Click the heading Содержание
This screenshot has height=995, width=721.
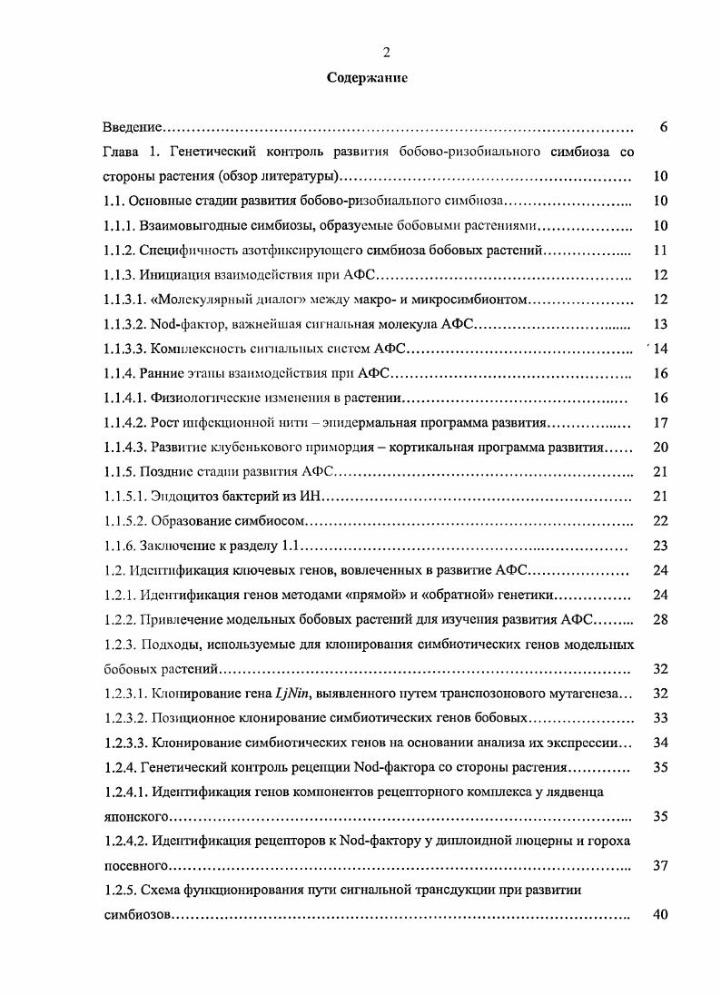pyautogui.click(x=367, y=78)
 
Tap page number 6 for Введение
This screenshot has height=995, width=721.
pyautogui.click(x=664, y=128)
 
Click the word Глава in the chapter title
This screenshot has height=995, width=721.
pyautogui.click(x=120, y=152)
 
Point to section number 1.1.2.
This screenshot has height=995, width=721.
pyautogui.click(x=119, y=250)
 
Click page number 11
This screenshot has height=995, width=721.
pyautogui.click(x=660, y=250)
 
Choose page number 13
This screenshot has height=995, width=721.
pyautogui.click(x=660, y=324)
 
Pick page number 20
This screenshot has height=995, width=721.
pyautogui.click(x=660, y=448)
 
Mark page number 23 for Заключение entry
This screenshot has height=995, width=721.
pyautogui.click(x=660, y=546)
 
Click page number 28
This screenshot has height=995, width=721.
pyautogui.click(x=660, y=619)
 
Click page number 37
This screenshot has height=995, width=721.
pyautogui.click(x=660, y=865)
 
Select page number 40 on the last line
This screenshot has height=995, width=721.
pyautogui.click(x=660, y=914)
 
